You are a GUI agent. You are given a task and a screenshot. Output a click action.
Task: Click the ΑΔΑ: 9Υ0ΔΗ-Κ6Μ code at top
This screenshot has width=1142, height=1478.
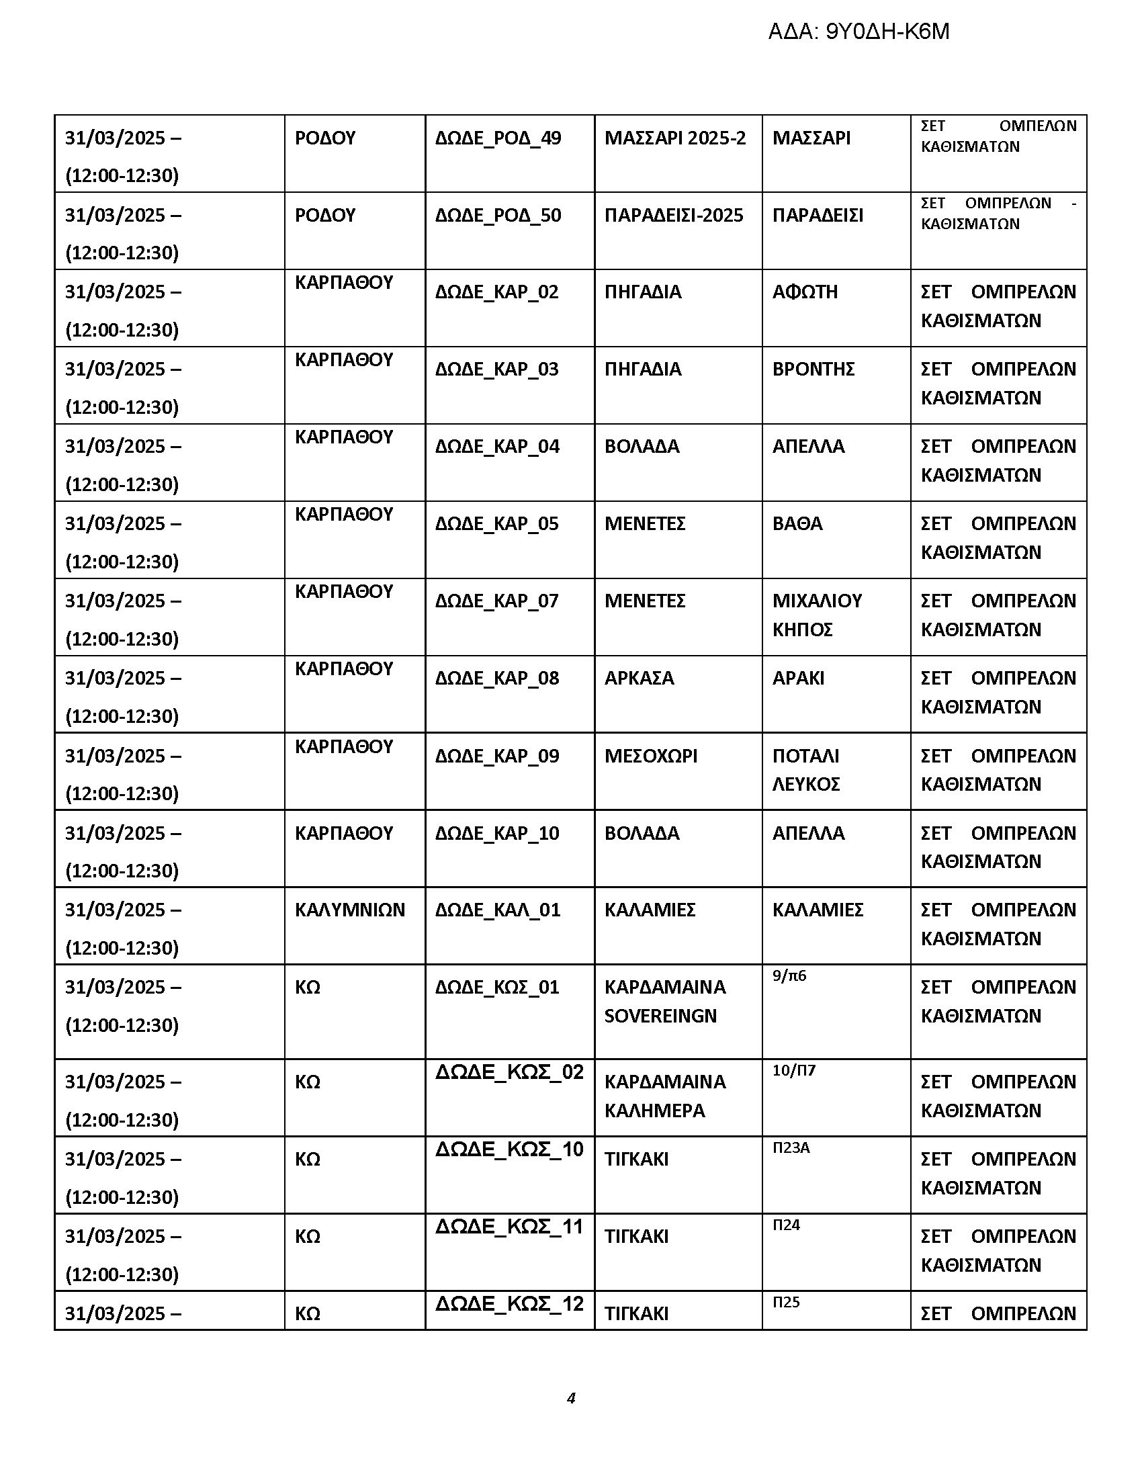[x=858, y=32]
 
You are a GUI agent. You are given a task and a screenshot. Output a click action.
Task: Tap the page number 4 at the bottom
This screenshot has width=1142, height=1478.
[x=571, y=1397]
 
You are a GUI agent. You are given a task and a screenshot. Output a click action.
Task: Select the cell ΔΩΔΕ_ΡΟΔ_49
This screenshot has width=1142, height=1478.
[x=498, y=138]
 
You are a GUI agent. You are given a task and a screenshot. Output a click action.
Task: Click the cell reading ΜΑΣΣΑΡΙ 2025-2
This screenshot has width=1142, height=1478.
[x=674, y=138]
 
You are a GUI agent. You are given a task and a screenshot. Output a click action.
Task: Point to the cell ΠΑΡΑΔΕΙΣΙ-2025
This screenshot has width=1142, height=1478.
[x=673, y=215]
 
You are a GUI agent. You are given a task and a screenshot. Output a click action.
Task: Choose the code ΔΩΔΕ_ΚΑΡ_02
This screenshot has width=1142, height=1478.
[x=496, y=292]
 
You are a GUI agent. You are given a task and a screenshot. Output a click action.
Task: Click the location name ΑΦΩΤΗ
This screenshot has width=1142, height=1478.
[x=804, y=292]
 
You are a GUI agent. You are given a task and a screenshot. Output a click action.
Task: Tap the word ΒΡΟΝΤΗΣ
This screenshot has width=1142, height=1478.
[x=814, y=369]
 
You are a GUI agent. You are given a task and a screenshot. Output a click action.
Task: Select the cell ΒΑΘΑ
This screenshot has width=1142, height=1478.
[x=797, y=524]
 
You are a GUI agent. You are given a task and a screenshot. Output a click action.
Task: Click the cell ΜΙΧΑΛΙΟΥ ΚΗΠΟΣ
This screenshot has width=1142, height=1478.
[x=817, y=615]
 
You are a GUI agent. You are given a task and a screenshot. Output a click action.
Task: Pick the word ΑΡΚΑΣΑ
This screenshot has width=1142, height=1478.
[x=639, y=678]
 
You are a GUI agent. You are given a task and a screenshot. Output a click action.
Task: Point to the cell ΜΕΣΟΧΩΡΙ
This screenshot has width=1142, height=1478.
[x=650, y=756]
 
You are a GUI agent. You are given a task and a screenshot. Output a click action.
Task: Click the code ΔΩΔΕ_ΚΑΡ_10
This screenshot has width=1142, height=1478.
[x=496, y=833]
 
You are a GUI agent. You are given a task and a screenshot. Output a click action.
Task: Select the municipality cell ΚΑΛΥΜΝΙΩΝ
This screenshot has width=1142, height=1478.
[x=350, y=910]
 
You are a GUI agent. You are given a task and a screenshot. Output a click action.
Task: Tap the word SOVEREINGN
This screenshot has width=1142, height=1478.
[x=660, y=1016]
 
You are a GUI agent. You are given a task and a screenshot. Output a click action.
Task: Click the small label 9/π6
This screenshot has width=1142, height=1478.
[x=789, y=976]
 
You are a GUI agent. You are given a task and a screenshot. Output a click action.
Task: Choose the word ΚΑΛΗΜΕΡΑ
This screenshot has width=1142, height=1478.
[x=654, y=1111]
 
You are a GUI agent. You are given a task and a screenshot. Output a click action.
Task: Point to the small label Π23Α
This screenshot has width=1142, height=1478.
[x=790, y=1147]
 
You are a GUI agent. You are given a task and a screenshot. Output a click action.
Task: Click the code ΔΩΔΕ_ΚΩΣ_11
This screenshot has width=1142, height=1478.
[x=509, y=1226]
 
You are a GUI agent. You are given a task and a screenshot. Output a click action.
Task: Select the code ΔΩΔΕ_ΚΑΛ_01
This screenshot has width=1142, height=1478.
[x=497, y=910]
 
